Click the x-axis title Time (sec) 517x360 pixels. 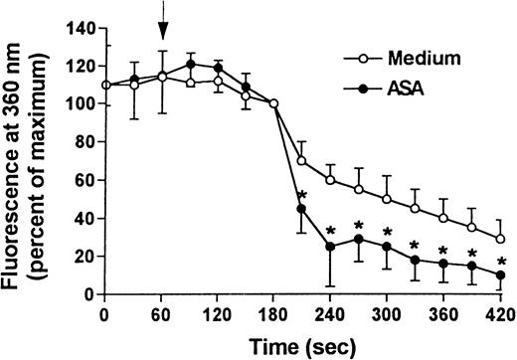(x=298, y=345)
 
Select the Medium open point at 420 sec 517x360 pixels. (x=500, y=239)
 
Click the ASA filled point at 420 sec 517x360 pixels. (x=500, y=274)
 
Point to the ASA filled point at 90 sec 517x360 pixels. (x=189, y=65)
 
